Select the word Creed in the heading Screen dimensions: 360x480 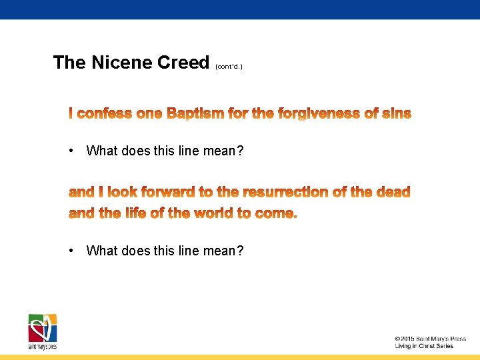(x=183, y=63)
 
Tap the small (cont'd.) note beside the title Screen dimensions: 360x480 (x=229, y=67)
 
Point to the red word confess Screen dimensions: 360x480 (x=105, y=114)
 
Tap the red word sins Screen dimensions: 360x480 (x=397, y=114)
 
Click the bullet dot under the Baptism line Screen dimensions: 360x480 (x=71, y=151)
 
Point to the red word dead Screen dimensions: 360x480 (x=393, y=192)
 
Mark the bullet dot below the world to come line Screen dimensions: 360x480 (x=71, y=251)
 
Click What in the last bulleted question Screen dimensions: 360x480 (x=101, y=251)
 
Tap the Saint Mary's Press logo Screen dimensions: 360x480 (x=42, y=331)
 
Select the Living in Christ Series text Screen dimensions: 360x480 (x=423, y=346)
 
